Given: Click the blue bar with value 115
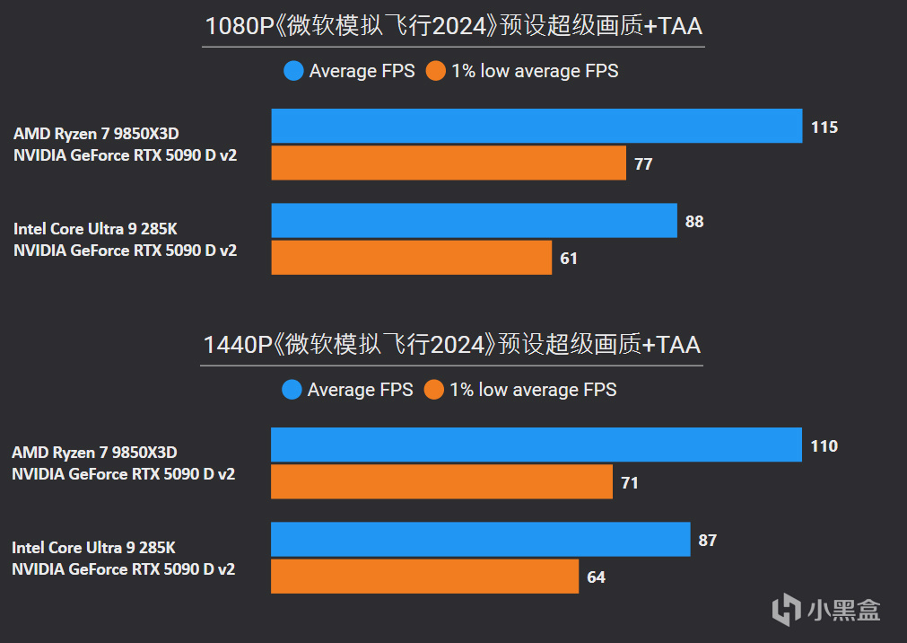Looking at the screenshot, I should [536, 126].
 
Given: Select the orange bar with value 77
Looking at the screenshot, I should [449, 163].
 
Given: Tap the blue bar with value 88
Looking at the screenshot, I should [474, 221].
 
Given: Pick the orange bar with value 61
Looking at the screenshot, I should [411, 258].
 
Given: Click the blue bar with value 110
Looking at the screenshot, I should [536, 445].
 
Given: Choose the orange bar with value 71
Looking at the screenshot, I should [441, 482].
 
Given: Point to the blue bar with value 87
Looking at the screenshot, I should [480, 540].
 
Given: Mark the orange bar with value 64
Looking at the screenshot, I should [424, 577].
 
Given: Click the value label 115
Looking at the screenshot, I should [824, 128].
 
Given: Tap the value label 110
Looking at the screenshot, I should [824, 446].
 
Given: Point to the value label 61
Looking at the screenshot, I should [569, 259].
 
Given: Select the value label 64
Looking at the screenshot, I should [596, 577].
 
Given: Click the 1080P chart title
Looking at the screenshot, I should [453, 26].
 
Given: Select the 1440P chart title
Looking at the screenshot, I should [452, 345].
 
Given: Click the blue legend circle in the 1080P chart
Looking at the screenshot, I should [293, 71].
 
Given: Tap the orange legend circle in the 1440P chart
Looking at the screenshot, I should [434, 390].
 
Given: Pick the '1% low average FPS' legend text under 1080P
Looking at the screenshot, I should [535, 71].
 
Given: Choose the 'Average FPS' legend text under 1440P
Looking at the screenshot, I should [360, 390].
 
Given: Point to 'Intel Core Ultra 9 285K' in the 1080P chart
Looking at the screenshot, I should [95, 229].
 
